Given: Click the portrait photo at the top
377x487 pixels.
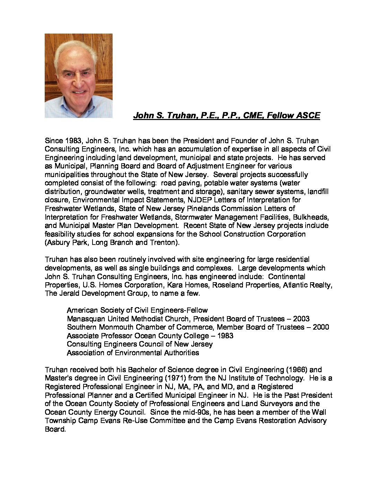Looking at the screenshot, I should point(79,76).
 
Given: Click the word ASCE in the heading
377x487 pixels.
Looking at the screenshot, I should point(307,116).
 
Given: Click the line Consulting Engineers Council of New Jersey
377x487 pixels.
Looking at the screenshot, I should point(140,344).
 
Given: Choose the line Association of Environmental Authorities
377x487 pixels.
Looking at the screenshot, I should point(133,353).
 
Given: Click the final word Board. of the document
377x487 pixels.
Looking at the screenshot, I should point(55,429).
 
